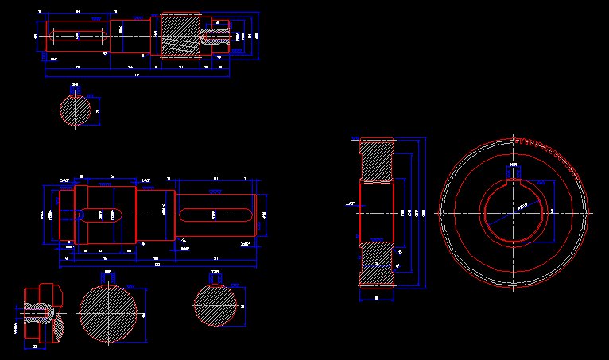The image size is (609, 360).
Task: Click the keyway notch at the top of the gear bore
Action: coord(513,176)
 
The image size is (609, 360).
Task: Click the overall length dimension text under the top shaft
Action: coord(137,75)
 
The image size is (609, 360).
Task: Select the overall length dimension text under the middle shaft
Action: coord(157,265)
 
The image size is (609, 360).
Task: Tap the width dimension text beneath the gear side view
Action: coord(376,297)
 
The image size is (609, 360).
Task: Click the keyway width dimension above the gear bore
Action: coord(513,165)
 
